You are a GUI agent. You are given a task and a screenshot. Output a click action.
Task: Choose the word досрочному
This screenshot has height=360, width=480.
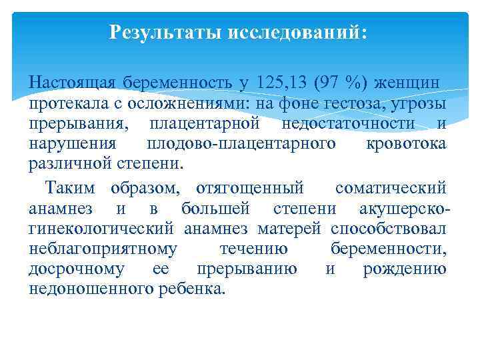[77, 269]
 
